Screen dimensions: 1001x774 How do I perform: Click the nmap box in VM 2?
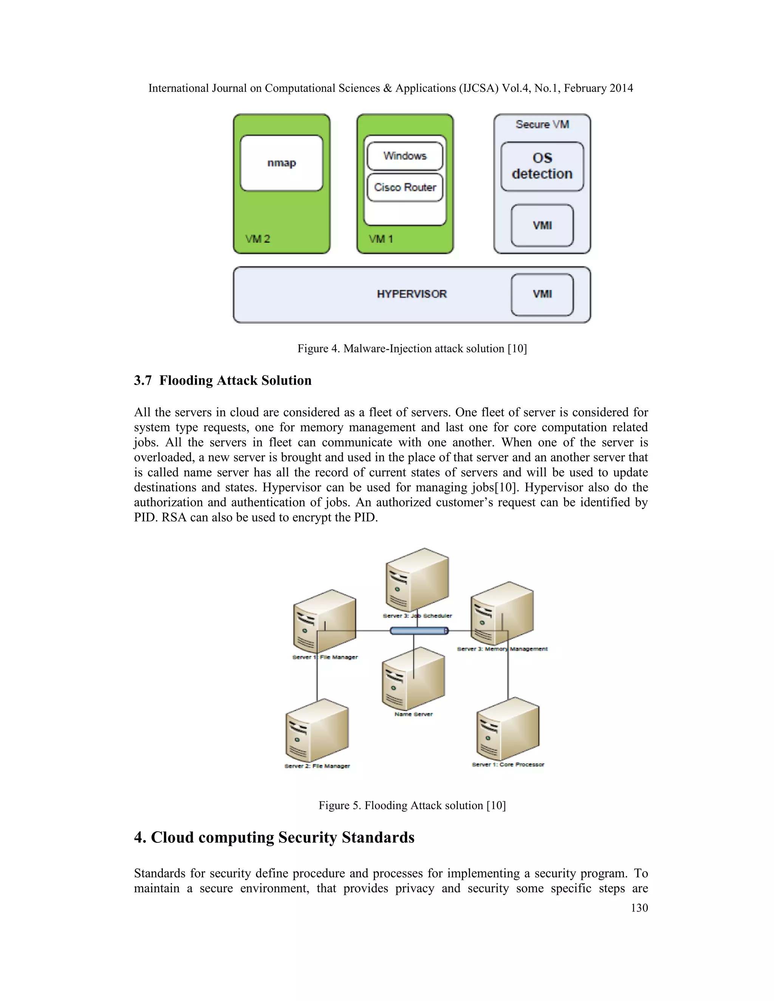pyautogui.click(x=282, y=163)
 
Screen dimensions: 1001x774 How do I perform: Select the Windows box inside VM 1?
pyautogui.click(x=405, y=156)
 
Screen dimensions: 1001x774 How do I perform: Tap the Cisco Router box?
pyautogui.click(x=405, y=187)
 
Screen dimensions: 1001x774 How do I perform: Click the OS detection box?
pyautogui.click(x=542, y=166)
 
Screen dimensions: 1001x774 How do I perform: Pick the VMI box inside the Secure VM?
pyautogui.click(x=542, y=226)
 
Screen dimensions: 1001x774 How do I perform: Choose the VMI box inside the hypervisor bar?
pyautogui.click(x=542, y=294)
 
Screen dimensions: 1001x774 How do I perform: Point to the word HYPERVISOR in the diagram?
pyautogui.click(x=411, y=294)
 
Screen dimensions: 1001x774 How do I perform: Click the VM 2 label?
pyautogui.click(x=258, y=239)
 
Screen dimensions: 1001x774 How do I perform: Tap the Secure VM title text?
pyautogui.click(x=542, y=125)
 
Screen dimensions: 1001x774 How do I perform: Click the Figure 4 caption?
pyautogui.click(x=412, y=349)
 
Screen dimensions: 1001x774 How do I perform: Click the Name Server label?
pyautogui.click(x=413, y=714)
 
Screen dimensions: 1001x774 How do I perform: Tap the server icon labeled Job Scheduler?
pyautogui.click(x=417, y=580)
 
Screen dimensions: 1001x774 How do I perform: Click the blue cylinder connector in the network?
pyautogui.click(x=419, y=631)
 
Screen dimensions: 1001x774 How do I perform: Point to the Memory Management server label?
pyautogui.click(x=502, y=649)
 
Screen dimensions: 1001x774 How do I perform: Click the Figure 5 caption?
pyautogui.click(x=412, y=806)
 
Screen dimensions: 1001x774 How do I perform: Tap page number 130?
pyautogui.click(x=639, y=908)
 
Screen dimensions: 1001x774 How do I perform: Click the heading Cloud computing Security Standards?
pyautogui.click(x=274, y=837)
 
